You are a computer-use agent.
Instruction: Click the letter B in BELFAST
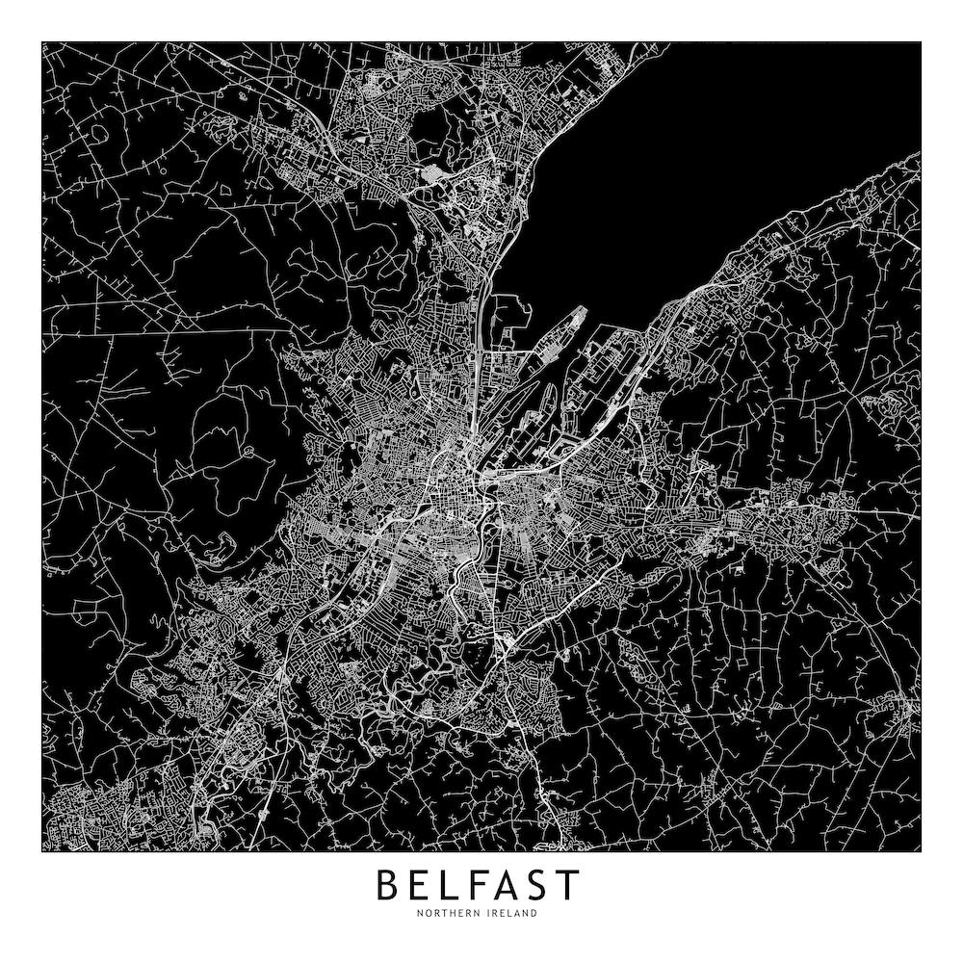[389, 885]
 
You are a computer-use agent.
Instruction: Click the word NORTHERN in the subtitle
[450, 914]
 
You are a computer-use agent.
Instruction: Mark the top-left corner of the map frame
[42, 42]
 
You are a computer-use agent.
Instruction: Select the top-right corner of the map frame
[921, 42]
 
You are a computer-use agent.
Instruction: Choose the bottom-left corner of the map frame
[42, 851]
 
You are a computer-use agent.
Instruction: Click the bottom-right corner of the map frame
[921, 851]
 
